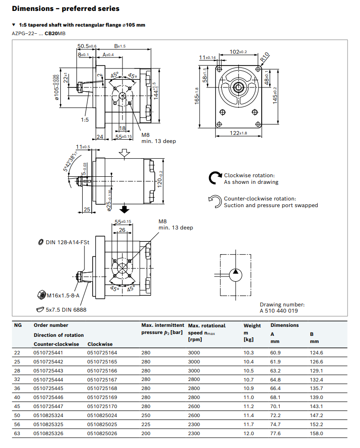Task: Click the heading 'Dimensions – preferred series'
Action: point(66,9)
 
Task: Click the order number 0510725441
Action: point(47,353)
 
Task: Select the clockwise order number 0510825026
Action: point(102,433)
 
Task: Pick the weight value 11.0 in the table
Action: point(249,397)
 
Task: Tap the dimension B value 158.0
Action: point(316,433)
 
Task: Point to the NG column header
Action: point(18,325)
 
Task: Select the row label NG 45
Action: point(18,406)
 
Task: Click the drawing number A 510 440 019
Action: point(279,311)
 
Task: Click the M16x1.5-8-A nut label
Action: point(62,295)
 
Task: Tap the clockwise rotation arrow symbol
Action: point(215,178)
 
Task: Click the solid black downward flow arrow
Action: point(124,209)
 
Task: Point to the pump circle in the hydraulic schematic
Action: point(235,274)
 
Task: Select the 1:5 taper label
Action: point(85,120)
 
